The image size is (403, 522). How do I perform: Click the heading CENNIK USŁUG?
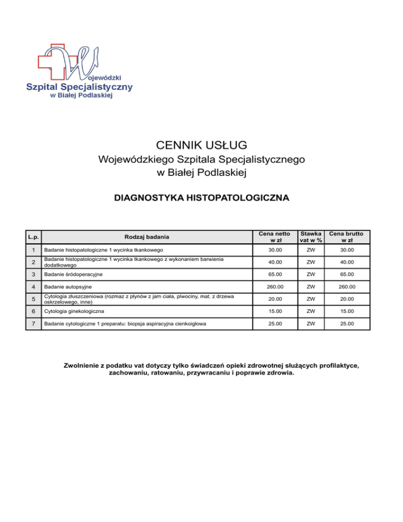pyautogui.click(x=201, y=144)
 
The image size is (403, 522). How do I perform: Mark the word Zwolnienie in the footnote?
pyautogui.click(x=83, y=365)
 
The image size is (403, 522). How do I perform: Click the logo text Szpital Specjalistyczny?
pyautogui.click(x=80, y=86)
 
